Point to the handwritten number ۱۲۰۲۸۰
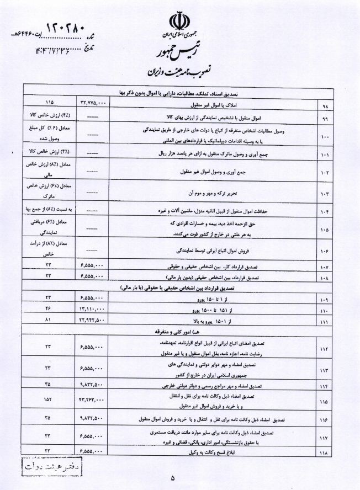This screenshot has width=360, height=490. [62, 26]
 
